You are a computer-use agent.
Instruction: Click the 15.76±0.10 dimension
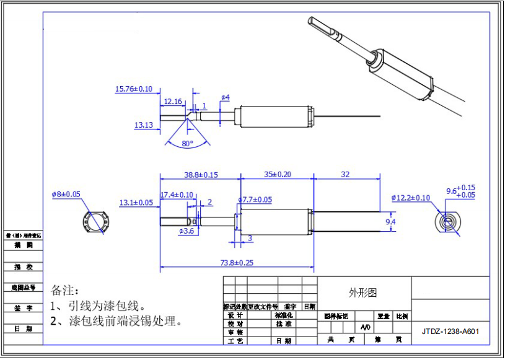pyautogui.click(x=133, y=89)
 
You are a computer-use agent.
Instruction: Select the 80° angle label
pyautogui.click(x=188, y=143)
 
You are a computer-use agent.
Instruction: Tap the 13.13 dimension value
pyautogui.click(x=143, y=125)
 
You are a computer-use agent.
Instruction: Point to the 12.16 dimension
pyautogui.click(x=173, y=102)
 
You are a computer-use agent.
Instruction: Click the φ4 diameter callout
pyautogui.click(x=226, y=98)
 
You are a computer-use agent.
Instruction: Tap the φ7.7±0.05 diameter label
pyautogui.click(x=255, y=200)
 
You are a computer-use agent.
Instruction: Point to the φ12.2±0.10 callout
pyautogui.click(x=410, y=198)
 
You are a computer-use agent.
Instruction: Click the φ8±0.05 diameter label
pyautogui.click(x=66, y=194)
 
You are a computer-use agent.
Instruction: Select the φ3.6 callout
pyautogui.click(x=187, y=231)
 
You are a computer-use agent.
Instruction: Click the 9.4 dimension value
pyautogui.click(x=390, y=221)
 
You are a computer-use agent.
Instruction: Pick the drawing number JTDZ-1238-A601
pyautogui.click(x=450, y=331)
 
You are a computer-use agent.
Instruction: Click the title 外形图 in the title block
pyautogui.click(x=363, y=292)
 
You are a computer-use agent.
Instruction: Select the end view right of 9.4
pyautogui.click(x=447, y=221)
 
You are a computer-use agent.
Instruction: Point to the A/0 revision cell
pyautogui.click(x=366, y=327)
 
